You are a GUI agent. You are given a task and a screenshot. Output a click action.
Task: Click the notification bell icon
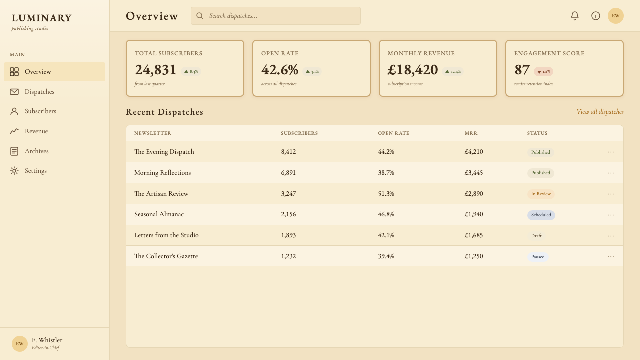tap(575, 16)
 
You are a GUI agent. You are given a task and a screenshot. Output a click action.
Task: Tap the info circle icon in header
tap(595, 16)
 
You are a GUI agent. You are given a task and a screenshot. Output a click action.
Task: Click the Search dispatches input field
tap(275, 16)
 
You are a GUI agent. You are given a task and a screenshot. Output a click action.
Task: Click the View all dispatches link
tap(600, 112)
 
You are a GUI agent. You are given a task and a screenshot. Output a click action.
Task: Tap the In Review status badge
tap(541, 194)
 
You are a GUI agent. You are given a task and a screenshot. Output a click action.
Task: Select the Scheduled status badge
tap(541, 215)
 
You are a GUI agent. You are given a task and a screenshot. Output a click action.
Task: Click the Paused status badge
tap(538, 257)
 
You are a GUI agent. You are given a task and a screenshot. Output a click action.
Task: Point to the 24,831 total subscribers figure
tap(155, 70)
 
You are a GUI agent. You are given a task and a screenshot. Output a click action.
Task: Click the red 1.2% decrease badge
tap(543, 71)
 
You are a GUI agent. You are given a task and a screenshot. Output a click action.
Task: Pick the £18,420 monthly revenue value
tap(413, 70)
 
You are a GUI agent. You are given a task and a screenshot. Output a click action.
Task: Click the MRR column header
tap(471, 133)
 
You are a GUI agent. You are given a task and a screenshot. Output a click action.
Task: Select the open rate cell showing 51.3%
tap(386, 193)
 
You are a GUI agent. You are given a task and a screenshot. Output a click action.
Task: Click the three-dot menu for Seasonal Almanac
tap(611, 215)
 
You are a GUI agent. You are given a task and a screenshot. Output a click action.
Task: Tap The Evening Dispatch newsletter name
tap(164, 152)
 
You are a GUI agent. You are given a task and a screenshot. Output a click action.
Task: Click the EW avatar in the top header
tap(616, 16)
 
